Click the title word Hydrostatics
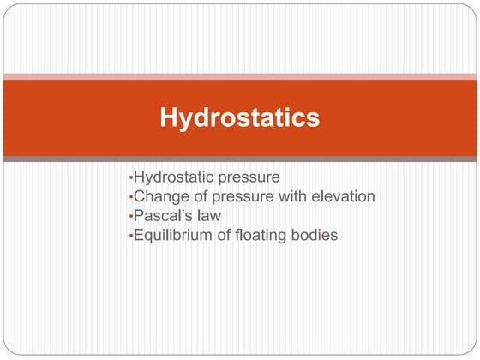coord(240,118)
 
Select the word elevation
coord(342,196)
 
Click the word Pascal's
coord(163,215)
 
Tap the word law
coord(208,215)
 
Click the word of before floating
coord(225,234)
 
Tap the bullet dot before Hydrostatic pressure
coord(129,178)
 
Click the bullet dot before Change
coord(129,197)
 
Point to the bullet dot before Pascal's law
coord(129,216)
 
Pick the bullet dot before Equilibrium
coord(129,235)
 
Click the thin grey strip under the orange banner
coord(240,159)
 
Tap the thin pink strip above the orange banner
coord(240,76)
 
